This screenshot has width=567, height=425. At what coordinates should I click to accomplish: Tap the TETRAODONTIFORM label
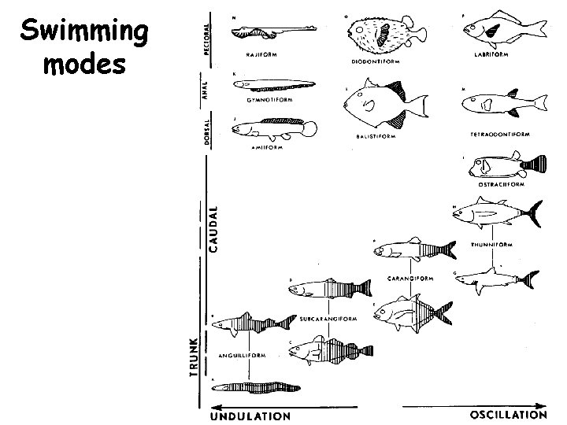pos(501,135)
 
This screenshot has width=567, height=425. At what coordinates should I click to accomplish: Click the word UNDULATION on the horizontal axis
pos(250,415)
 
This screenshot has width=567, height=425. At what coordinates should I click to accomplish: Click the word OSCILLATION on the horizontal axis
pos(508,414)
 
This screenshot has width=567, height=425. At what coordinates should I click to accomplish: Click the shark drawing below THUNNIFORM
pos(496,279)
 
